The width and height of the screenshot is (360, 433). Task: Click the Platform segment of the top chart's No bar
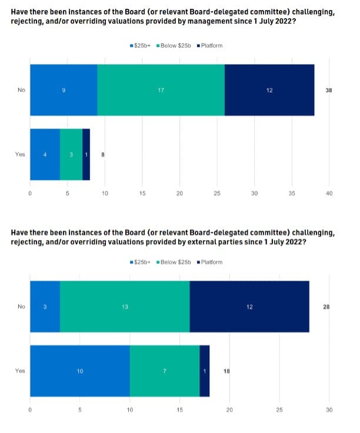click(x=269, y=89)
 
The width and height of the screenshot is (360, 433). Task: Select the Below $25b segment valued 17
click(x=161, y=89)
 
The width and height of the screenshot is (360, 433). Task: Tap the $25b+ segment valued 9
click(x=64, y=89)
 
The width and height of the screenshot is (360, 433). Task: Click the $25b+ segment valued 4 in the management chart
click(x=45, y=154)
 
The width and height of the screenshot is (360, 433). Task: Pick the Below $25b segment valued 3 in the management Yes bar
click(x=71, y=154)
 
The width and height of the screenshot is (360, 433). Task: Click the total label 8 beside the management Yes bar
click(x=103, y=154)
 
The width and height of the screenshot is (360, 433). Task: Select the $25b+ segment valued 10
click(x=79, y=371)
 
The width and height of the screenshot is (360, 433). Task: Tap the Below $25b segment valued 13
click(x=125, y=307)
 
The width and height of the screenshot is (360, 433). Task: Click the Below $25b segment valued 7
click(x=165, y=371)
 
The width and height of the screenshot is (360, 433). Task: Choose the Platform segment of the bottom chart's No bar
click(x=249, y=307)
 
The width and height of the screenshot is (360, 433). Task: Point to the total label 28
click(x=326, y=307)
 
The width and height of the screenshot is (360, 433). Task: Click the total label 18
click(x=226, y=371)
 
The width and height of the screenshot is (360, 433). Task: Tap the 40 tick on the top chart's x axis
click(x=329, y=193)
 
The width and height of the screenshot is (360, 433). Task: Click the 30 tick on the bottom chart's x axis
click(x=329, y=409)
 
